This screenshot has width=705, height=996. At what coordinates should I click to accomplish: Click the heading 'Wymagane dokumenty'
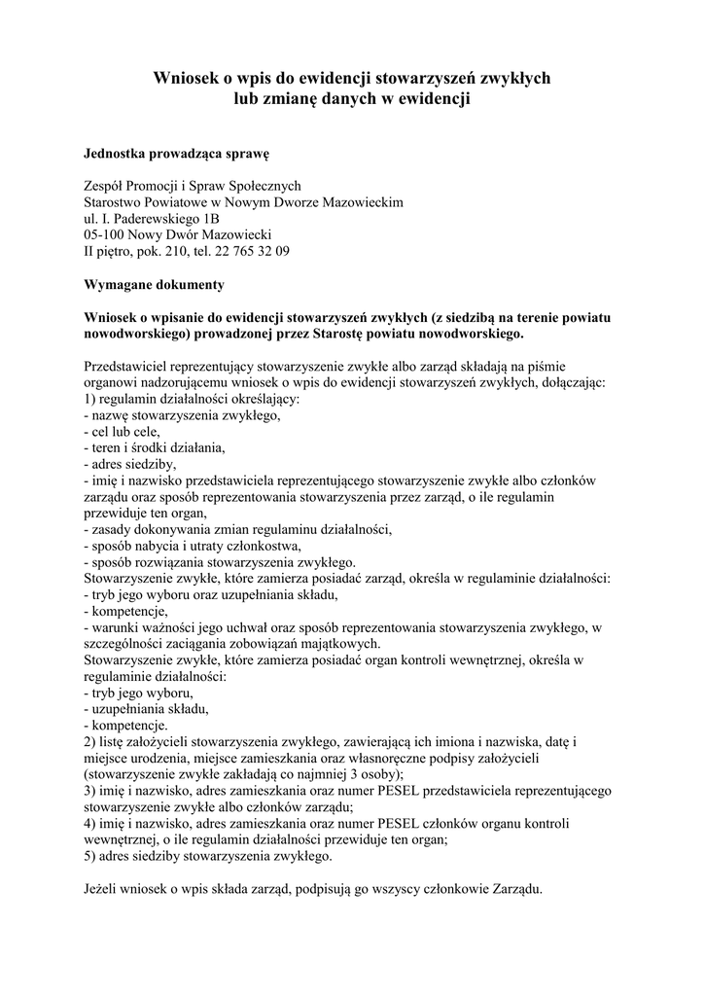pos(155,284)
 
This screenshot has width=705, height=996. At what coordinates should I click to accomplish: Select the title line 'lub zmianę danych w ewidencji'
pos(352,98)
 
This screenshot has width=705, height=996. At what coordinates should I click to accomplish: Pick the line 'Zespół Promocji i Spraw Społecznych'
pos(193,186)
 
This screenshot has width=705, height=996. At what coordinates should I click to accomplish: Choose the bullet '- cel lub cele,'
pos(123,431)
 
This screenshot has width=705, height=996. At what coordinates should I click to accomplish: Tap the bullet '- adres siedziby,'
pos(130,464)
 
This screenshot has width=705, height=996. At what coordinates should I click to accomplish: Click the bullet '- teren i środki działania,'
pos(156,447)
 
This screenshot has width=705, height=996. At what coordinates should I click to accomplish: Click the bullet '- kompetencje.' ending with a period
pos(126,725)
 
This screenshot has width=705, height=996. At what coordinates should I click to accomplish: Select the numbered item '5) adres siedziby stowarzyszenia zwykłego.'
pos(208,857)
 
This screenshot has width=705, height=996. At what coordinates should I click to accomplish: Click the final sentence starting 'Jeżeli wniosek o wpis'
pos(313,890)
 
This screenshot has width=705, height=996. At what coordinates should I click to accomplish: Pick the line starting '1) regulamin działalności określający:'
pos(193,398)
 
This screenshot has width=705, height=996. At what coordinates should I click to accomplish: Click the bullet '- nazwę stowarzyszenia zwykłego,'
pos(183,414)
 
